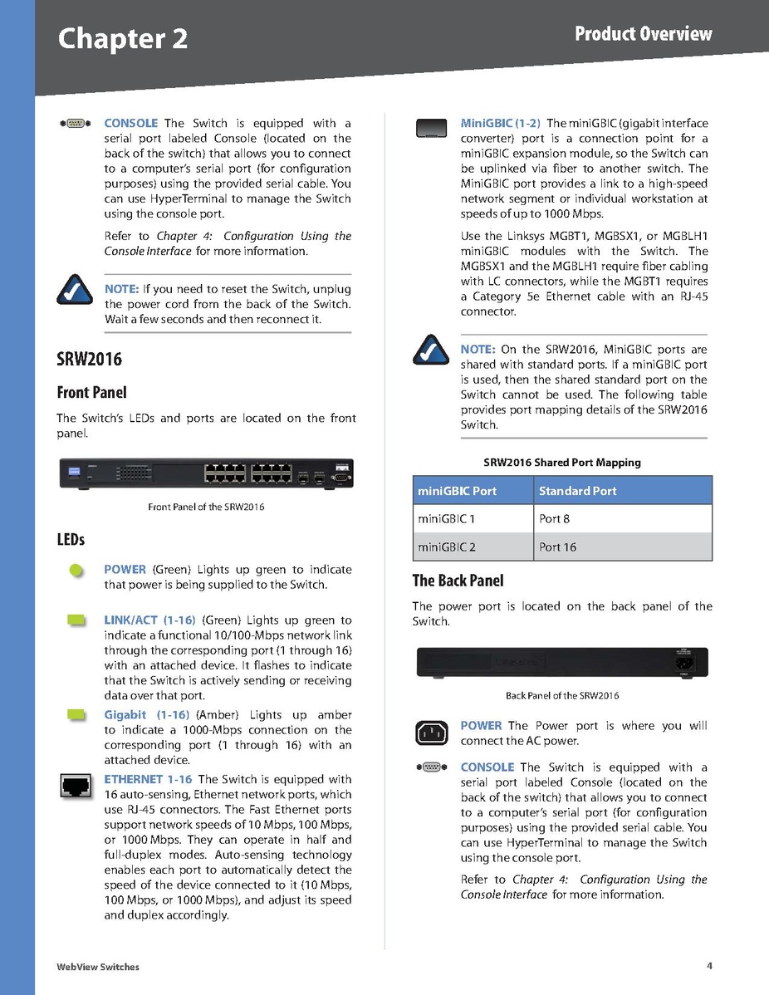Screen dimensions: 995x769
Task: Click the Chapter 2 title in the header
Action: click(123, 39)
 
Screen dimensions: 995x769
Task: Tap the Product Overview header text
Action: click(644, 33)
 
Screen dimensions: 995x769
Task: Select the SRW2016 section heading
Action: click(89, 360)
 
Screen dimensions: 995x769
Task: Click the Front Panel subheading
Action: click(91, 392)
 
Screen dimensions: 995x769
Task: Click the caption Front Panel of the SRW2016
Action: click(206, 507)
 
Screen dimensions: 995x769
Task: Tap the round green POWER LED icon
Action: click(76, 570)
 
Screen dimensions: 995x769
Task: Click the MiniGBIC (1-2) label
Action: click(500, 124)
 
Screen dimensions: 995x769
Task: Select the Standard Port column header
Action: click(578, 491)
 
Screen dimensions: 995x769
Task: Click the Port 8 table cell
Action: click(555, 519)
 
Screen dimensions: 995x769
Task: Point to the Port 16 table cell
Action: click(558, 547)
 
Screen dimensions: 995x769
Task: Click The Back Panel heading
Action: click(458, 581)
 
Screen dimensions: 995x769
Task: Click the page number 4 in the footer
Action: click(709, 965)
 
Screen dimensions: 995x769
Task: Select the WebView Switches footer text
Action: click(98, 967)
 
